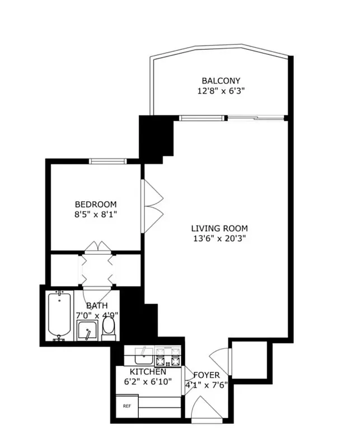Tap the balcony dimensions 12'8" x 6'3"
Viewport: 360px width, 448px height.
point(221,91)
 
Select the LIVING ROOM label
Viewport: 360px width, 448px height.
point(219,228)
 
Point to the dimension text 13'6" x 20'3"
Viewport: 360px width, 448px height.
point(219,238)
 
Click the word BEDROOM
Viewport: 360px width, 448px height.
point(96,204)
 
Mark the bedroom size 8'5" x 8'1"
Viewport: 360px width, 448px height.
point(96,214)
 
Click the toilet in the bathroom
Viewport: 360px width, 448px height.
point(109,329)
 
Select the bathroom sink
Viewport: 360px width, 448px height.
point(87,332)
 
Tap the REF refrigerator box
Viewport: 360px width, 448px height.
point(127,406)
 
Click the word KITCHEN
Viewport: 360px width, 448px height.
point(148,372)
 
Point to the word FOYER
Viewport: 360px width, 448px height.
point(207,375)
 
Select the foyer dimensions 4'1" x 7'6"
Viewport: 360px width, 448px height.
point(207,384)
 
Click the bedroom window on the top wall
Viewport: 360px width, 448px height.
point(107,162)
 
